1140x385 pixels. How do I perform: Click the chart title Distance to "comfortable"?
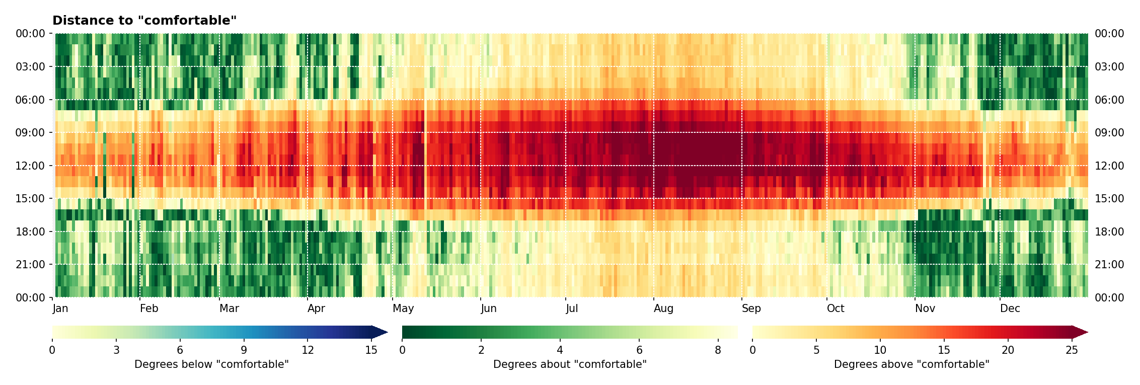point(144,21)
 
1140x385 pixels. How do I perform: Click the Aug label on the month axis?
point(663,309)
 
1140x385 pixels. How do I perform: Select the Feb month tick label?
point(149,309)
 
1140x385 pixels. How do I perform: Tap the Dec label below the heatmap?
point(1010,309)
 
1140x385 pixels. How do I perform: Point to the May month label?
point(403,309)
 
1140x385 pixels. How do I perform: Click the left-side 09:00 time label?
point(30,133)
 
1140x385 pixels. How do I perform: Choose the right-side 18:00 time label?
point(1109,232)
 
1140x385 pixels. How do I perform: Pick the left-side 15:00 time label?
point(30,199)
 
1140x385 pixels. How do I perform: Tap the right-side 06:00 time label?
point(1109,100)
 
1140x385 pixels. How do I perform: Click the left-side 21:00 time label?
point(30,265)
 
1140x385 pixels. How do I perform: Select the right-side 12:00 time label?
point(1109,166)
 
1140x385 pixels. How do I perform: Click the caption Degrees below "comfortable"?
point(211,364)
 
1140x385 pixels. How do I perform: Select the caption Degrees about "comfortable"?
point(570,364)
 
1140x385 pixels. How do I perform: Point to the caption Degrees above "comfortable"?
point(911,364)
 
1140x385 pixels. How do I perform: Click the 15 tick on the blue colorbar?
point(371,350)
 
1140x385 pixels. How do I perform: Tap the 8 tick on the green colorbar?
point(718,350)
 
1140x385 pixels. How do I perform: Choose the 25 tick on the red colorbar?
point(1072,350)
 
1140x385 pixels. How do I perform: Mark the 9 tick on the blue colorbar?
point(244,350)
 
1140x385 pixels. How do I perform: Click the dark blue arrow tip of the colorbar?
point(381,332)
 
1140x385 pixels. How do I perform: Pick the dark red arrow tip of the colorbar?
point(1081,332)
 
